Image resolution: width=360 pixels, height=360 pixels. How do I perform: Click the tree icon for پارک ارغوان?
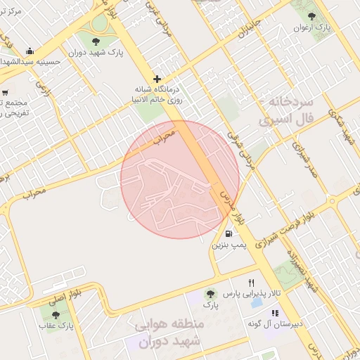point(312,16)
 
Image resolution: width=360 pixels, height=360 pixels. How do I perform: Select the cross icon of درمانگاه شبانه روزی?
point(156,79)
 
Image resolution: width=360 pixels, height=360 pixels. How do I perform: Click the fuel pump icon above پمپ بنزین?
point(229,234)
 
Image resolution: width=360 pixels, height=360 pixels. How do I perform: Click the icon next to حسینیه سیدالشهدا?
point(29,51)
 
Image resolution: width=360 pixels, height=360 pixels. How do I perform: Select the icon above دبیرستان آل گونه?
point(275,312)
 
